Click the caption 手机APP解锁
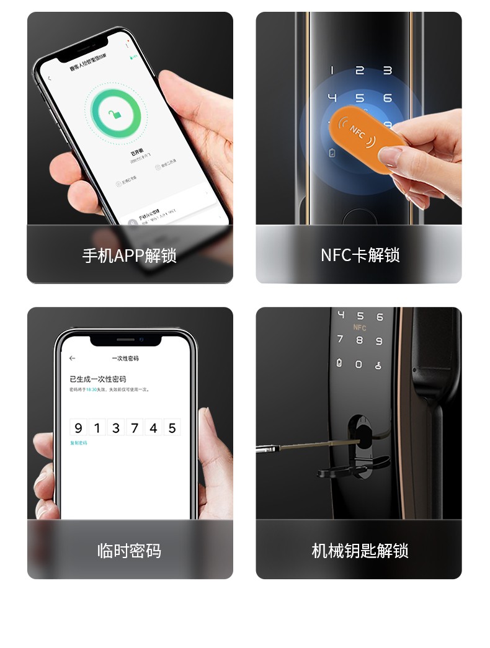(x=130, y=255)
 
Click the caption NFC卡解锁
(x=360, y=255)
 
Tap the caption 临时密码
(x=130, y=551)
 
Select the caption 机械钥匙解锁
(x=360, y=551)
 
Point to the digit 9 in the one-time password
(x=78, y=428)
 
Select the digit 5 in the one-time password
(x=172, y=428)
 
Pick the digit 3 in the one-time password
(x=115, y=428)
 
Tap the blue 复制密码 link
(x=79, y=443)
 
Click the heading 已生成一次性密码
(x=97, y=379)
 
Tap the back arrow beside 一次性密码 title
(x=73, y=358)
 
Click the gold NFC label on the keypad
(x=360, y=327)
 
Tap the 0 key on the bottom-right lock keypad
(x=359, y=364)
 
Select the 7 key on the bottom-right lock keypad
(x=340, y=340)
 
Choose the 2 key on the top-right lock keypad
(x=360, y=71)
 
